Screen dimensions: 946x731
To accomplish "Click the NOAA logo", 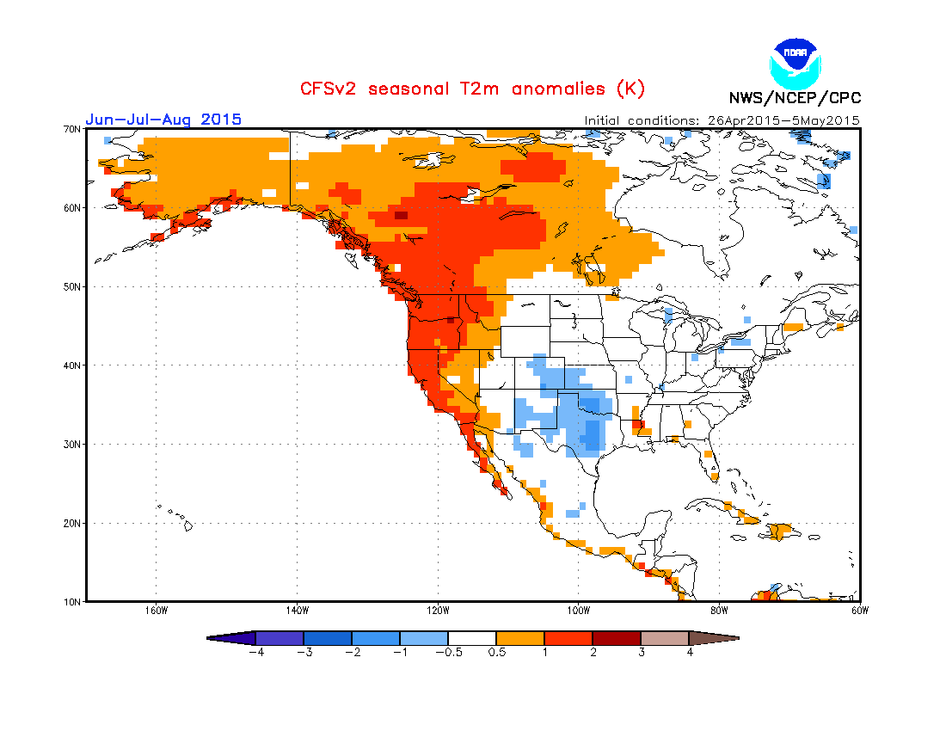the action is [x=795, y=64].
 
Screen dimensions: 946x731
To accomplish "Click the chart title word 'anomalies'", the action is [x=558, y=89].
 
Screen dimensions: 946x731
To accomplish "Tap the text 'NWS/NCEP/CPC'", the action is [x=795, y=98].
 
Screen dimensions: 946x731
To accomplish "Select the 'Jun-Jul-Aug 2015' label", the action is [x=163, y=119].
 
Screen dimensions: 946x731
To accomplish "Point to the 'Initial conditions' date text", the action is [x=722, y=120].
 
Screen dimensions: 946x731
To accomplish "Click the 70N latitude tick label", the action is [x=71, y=129].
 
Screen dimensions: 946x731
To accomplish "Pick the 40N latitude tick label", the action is [x=71, y=365].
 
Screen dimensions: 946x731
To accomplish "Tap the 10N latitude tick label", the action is [x=71, y=602].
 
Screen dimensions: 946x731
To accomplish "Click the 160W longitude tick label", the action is [x=157, y=611].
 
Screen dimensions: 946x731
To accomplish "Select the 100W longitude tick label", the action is [x=579, y=611].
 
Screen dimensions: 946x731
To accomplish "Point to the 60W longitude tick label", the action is [x=860, y=611].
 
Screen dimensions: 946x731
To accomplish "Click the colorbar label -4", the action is [x=256, y=652].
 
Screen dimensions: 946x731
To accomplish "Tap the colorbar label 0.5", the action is [x=496, y=652].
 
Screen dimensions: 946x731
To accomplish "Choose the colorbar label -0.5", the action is [x=449, y=652].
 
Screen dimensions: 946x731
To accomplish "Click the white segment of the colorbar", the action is [x=472, y=638].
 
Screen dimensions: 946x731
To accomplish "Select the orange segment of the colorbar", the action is [x=520, y=638].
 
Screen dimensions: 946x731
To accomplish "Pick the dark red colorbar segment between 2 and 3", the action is [x=617, y=638].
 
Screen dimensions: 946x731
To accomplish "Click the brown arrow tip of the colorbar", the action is [x=715, y=638].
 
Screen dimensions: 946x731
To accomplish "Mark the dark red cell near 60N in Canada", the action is [x=402, y=215].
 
